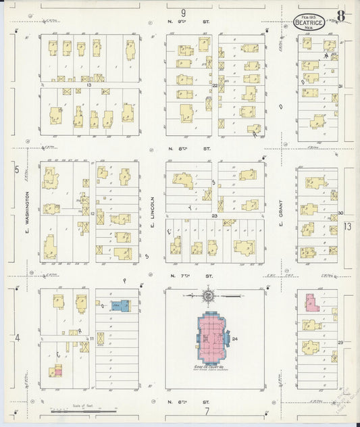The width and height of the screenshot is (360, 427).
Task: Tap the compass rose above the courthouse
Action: (209, 296)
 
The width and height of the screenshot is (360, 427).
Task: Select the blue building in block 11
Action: (121, 305)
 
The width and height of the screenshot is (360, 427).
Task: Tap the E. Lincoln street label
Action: (153, 211)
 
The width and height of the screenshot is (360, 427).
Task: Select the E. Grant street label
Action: (280, 214)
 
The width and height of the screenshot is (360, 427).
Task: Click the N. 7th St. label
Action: (182, 276)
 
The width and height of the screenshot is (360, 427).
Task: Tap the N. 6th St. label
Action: (182, 401)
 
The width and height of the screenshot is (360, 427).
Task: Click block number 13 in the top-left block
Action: (88, 86)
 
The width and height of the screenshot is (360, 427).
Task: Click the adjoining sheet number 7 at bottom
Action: (208, 410)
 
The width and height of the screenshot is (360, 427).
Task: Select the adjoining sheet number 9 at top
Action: (183, 12)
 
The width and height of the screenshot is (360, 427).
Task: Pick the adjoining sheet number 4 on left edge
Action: (18, 337)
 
